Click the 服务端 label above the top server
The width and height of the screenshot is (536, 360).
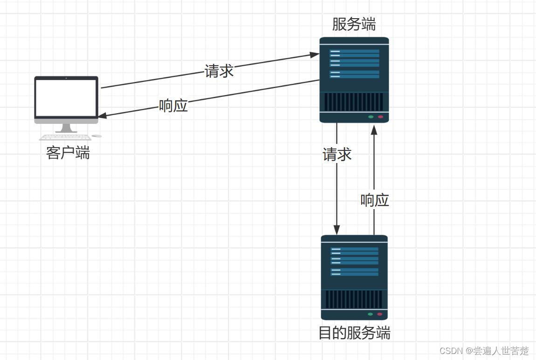354,24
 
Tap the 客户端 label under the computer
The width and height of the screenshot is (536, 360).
68,153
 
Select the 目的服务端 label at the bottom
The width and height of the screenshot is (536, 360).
354,333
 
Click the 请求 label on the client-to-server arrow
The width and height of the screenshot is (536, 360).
219,71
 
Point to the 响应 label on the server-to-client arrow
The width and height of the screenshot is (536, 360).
173,106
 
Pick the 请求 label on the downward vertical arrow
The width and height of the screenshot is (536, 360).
337,154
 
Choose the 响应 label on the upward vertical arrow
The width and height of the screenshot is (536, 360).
375,200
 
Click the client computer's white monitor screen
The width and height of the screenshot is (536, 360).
66,97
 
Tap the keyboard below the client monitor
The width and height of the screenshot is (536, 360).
65,137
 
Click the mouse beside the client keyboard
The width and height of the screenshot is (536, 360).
97,136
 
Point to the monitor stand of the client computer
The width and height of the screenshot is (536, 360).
66,128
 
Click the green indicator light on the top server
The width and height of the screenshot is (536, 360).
371,116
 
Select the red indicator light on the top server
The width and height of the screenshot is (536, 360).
380,116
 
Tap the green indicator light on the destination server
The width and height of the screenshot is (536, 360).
371,314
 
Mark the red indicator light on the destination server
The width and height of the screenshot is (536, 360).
380,314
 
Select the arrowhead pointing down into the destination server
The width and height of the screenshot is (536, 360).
337,230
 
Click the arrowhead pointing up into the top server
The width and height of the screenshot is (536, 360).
374,129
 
